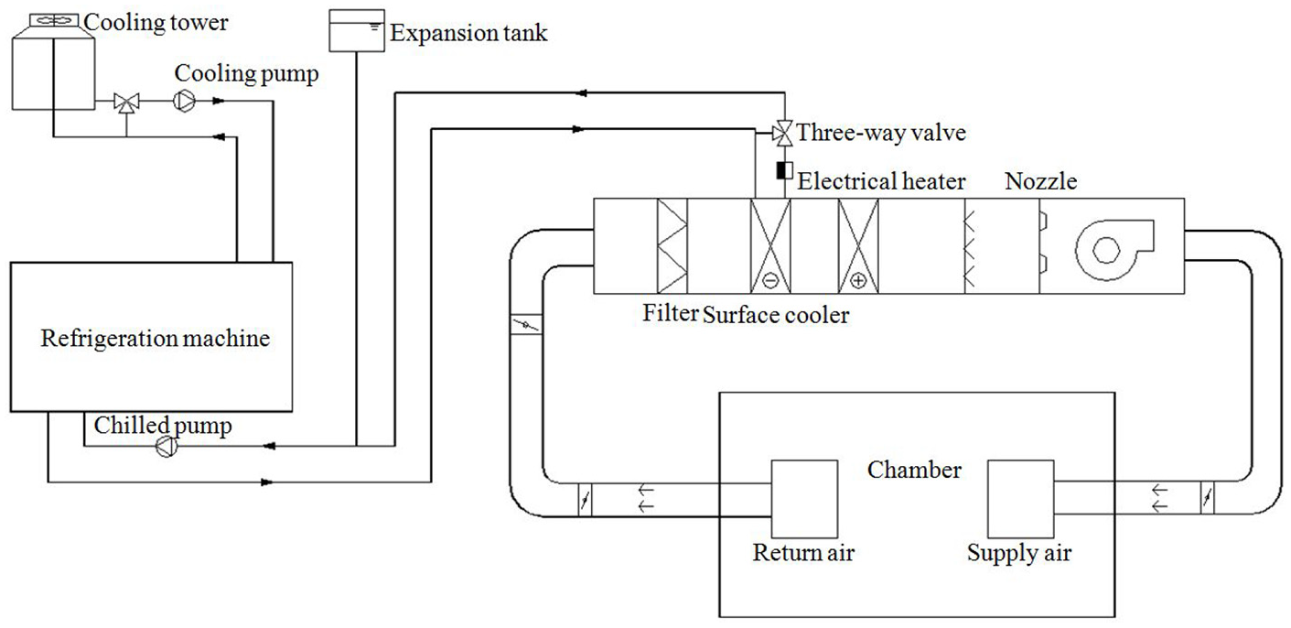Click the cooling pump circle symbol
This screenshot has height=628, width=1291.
[185, 101]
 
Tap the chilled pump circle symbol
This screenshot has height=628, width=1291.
[167, 447]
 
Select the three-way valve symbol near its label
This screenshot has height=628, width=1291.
[782, 134]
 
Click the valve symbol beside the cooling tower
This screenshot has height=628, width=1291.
[126, 103]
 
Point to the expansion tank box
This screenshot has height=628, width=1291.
[357, 30]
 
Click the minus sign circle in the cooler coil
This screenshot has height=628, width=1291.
[770, 281]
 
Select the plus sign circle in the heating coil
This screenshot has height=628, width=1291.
[858, 281]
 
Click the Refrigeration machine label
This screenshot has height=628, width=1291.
[155, 339]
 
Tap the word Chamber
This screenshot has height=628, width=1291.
[914, 470]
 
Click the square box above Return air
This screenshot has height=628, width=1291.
[804, 499]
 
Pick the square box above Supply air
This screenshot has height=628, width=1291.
[1021, 499]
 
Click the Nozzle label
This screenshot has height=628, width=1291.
[1041, 181]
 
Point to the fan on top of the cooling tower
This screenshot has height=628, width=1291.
[54, 21]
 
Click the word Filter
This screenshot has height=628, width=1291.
[671, 313]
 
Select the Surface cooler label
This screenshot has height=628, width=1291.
[776, 315]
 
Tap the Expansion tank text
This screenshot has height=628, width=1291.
[468, 33]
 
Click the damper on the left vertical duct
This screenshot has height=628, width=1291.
[526, 325]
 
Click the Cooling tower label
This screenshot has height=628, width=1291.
[156, 23]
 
